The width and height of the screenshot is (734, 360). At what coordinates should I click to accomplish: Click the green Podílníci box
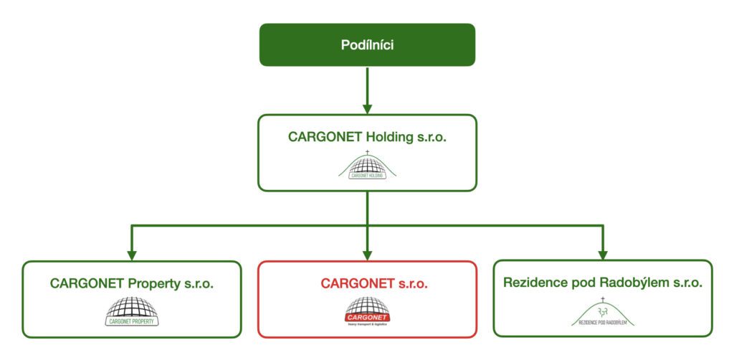(367, 44)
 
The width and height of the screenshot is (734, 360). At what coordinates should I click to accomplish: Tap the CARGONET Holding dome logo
(367, 166)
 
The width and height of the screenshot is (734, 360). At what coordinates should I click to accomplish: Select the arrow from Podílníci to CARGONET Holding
(367, 90)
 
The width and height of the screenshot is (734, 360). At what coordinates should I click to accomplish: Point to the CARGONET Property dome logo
(132, 311)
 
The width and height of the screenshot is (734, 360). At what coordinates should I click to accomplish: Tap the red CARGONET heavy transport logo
(367, 311)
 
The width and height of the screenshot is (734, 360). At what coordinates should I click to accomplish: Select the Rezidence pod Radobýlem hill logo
(602, 313)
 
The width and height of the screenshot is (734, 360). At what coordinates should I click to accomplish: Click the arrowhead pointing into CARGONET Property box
(132, 253)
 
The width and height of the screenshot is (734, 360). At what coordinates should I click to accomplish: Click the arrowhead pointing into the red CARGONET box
(367, 253)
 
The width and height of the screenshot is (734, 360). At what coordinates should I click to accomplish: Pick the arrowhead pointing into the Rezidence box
(602, 253)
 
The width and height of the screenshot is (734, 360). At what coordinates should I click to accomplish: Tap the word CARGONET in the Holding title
(320, 136)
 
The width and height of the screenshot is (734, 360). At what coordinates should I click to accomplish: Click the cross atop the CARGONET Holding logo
(367, 153)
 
